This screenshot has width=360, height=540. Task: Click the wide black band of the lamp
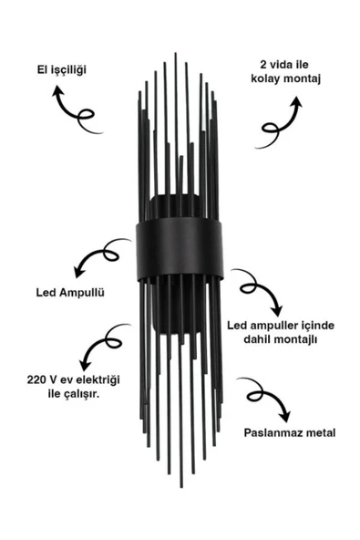point(180,246)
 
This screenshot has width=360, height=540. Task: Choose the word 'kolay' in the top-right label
point(265,81)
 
